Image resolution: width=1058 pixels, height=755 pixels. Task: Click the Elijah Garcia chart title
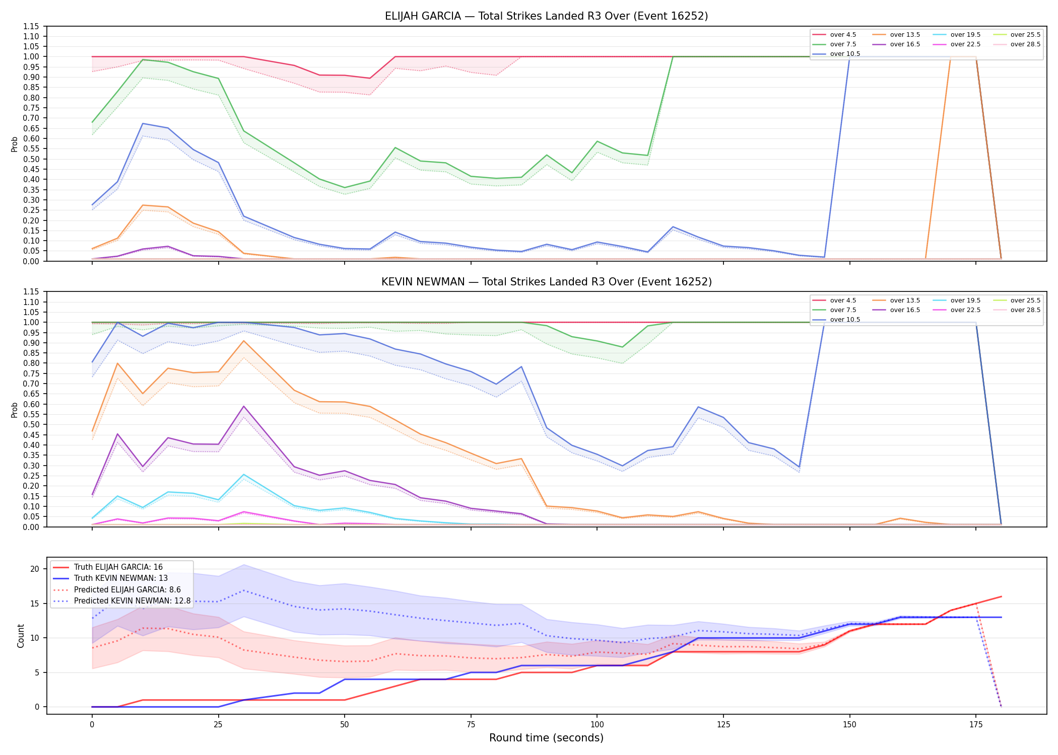(546, 16)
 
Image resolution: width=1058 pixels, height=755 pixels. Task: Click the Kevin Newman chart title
(546, 282)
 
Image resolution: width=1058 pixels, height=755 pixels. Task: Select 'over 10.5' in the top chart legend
(845, 54)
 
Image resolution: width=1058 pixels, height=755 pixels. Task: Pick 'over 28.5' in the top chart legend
(1025, 44)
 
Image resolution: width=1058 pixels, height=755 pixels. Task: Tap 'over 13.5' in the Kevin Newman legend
(905, 300)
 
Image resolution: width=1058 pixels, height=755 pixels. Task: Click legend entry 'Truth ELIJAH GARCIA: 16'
(118, 567)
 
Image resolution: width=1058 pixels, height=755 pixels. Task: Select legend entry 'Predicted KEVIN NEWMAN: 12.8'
(133, 601)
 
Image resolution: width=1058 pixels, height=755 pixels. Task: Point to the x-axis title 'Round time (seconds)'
(546, 738)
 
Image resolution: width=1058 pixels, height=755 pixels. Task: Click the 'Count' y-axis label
(21, 636)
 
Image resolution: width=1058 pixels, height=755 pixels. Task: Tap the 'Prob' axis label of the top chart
(15, 144)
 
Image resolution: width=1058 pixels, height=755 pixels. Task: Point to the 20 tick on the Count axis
(35, 569)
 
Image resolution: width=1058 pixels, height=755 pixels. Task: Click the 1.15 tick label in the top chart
(31, 26)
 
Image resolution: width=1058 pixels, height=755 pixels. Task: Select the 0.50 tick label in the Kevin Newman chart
(31, 425)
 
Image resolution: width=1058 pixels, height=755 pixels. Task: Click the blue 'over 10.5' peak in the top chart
(143, 123)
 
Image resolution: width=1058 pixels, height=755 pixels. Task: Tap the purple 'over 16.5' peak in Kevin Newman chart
(244, 406)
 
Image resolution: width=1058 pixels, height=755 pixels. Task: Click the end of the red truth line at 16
(1001, 596)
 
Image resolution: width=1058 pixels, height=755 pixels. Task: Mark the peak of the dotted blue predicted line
(244, 590)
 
